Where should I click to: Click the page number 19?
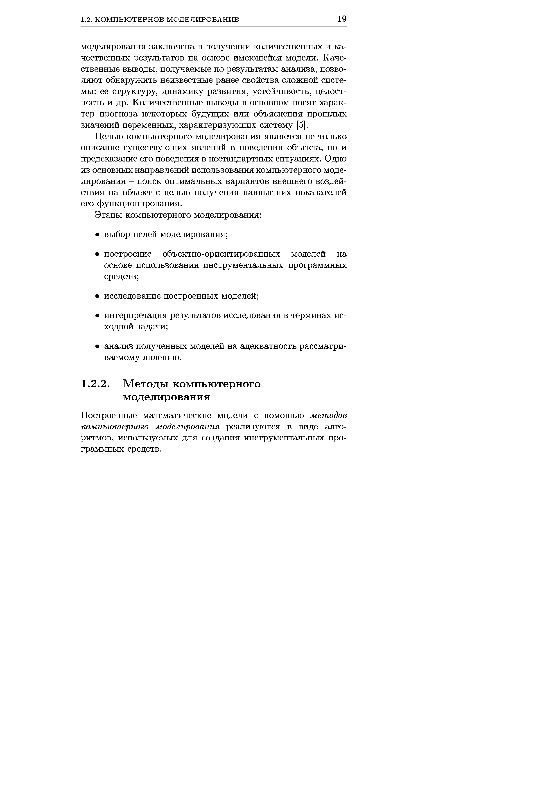(x=342, y=19)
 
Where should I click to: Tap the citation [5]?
(x=300, y=125)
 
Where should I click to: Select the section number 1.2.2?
(x=95, y=384)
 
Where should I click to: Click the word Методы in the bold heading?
(x=146, y=384)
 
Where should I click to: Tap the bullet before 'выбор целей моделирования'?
(x=98, y=235)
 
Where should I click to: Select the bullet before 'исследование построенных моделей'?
(x=98, y=296)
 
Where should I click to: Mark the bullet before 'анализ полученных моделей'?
(x=98, y=346)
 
